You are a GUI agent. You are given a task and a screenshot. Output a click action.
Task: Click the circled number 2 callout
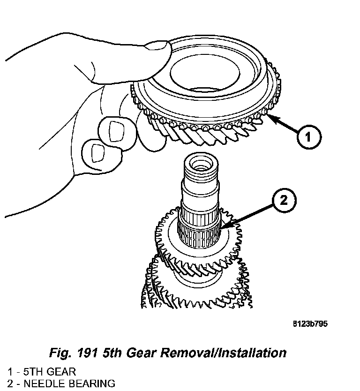[283, 201]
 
